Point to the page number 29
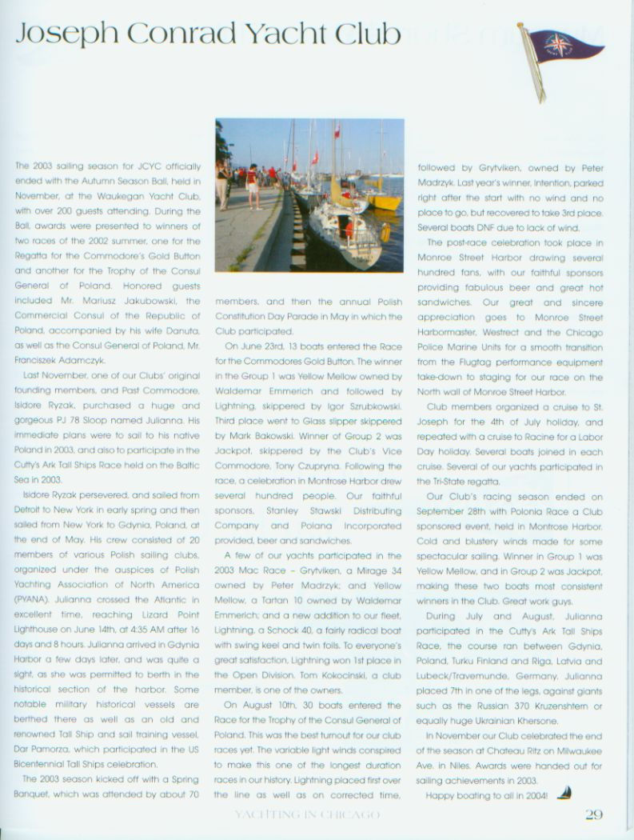pyautogui.click(x=593, y=815)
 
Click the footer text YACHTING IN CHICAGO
pyautogui.click(x=306, y=815)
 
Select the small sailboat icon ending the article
pyautogui.click(x=564, y=794)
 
